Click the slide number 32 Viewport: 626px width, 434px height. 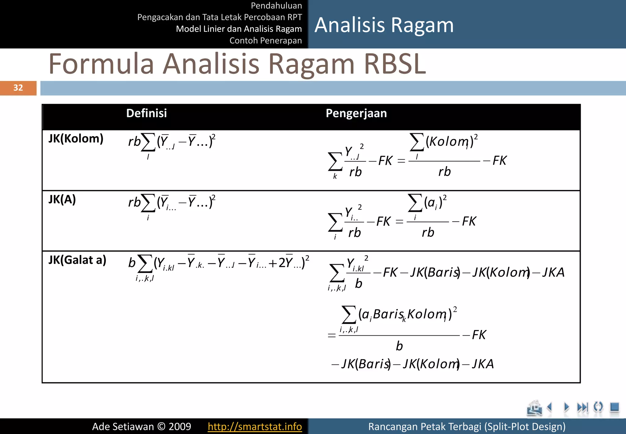(x=18, y=88)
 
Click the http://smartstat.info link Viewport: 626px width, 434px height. (x=255, y=426)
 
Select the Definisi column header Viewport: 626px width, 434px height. (x=146, y=113)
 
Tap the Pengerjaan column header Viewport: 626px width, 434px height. (x=356, y=113)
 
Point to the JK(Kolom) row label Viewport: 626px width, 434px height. (x=76, y=139)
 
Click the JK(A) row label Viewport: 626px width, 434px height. (x=62, y=199)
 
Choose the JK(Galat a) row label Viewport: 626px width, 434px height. (x=77, y=260)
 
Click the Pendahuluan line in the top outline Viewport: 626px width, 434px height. (x=276, y=6)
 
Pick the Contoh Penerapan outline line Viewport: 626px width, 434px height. (x=265, y=40)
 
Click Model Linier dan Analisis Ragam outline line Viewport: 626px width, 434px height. (x=239, y=29)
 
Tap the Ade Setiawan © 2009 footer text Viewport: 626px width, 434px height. (x=142, y=426)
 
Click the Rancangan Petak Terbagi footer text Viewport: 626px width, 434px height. (x=467, y=426)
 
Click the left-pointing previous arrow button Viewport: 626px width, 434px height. (x=550, y=407)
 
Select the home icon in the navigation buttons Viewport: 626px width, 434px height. (x=534, y=408)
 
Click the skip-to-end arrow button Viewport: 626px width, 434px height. (x=582, y=407)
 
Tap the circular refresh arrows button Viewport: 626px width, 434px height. (x=598, y=407)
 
